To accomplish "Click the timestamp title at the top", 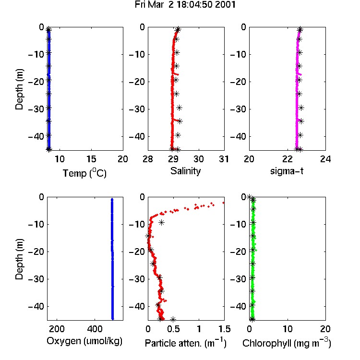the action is tap(185, 5).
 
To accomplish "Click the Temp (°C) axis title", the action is tap(84, 173).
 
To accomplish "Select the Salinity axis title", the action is tap(185, 171).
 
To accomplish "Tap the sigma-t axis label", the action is tap(287, 171).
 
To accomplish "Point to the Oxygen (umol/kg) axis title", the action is tap(84, 341).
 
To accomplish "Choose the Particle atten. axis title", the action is tap(186, 343).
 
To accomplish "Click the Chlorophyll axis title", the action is tap(287, 343).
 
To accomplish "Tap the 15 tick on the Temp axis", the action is tap(91, 159).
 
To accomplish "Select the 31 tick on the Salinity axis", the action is tap(224, 159).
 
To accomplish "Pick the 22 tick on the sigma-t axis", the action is tap(288, 159).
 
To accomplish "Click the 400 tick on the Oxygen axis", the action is tap(95, 329).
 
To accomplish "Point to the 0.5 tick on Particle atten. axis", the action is tap(173, 329).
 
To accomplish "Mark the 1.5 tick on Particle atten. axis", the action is tap(224, 329).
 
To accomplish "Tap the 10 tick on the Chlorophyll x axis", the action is tap(288, 329).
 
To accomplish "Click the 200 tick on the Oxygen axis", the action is tap(57, 329).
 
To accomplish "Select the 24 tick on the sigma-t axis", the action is tap(325, 159).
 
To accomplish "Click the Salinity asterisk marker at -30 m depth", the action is tap(180, 108).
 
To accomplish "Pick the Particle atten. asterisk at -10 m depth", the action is tap(162, 222).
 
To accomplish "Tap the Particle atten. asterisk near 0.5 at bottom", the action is tap(173, 319).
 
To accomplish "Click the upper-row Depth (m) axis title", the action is tap(19, 89).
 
